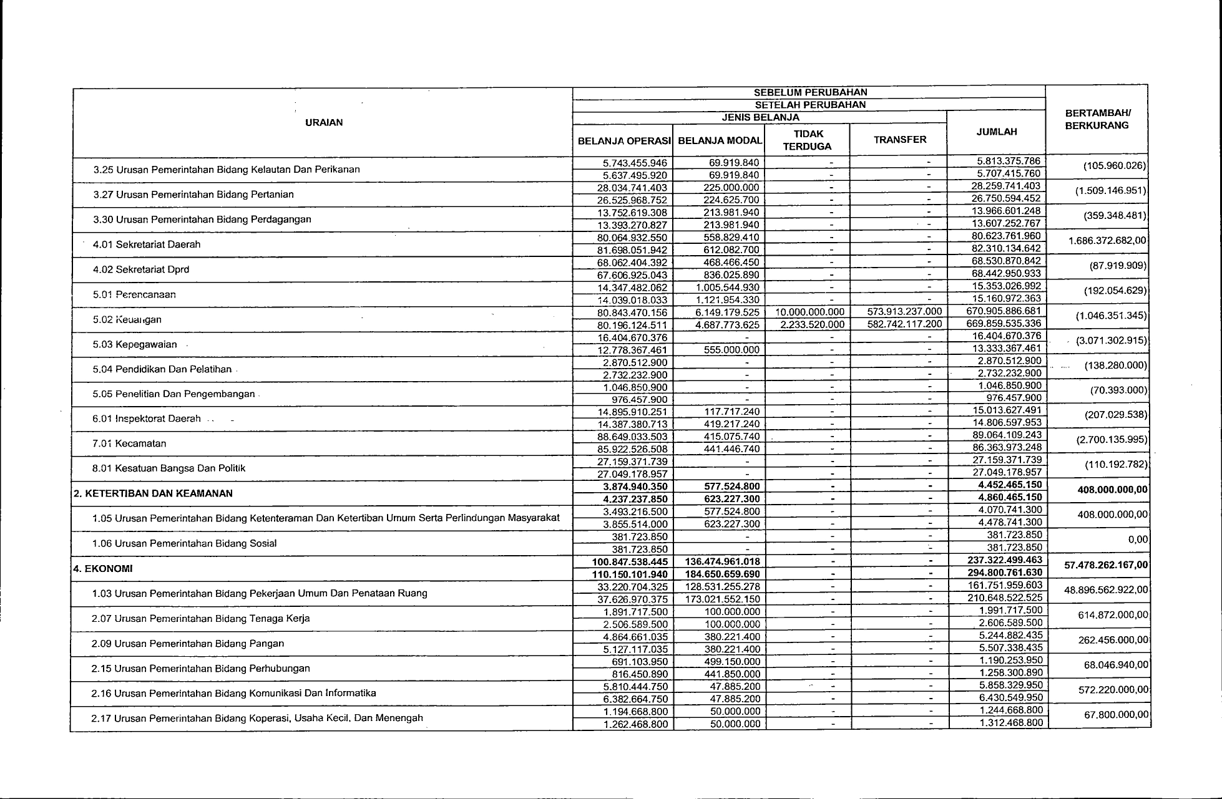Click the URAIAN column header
point(323,122)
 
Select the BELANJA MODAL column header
point(720,141)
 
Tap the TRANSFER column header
point(900,140)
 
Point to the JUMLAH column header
point(997,132)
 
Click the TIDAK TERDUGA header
point(808,140)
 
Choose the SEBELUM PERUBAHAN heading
point(810,92)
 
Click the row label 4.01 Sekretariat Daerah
point(147,245)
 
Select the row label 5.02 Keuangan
point(127,319)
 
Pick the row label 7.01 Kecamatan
point(130,443)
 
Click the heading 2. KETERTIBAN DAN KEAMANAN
point(153,493)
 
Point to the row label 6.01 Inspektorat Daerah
point(147,419)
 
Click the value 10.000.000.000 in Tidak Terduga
point(808,312)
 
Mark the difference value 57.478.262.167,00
point(1106,565)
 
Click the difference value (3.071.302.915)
point(1111,341)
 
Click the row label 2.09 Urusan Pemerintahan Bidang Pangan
point(187,643)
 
